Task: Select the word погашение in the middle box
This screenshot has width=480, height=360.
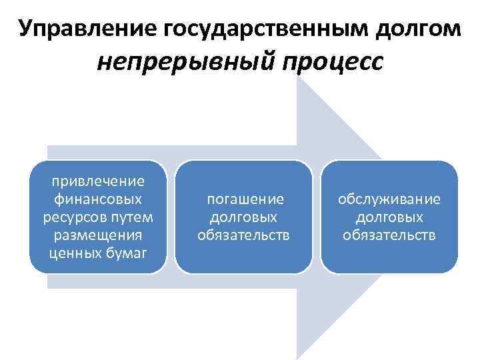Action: pyautogui.click(x=244, y=199)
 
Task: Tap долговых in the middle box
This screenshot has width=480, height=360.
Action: pyautogui.click(x=244, y=217)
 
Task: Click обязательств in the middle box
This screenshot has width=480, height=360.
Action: pyautogui.click(x=244, y=235)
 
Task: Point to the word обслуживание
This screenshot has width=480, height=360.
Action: pyautogui.click(x=389, y=199)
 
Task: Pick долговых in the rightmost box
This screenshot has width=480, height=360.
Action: pyautogui.click(x=389, y=217)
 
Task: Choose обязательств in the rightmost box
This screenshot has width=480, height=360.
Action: pyautogui.click(x=389, y=235)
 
